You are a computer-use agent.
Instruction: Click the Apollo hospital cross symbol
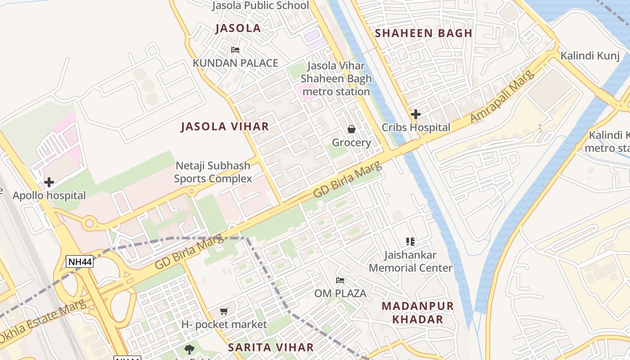pyautogui.click(x=49, y=182)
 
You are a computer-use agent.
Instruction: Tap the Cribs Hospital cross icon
pyautogui.click(x=416, y=114)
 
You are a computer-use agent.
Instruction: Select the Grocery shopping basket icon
pyautogui.click(x=351, y=130)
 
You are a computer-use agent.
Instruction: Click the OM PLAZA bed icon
pyautogui.click(x=340, y=280)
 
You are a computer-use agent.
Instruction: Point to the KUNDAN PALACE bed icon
pyautogui.click(x=235, y=50)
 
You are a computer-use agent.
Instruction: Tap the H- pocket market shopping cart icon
pyautogui.click(x=224, y=311)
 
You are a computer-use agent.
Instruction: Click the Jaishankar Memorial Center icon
pyautogui.click(x=410, y=242)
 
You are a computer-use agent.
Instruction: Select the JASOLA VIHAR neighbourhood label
pyautogui.click(x=225, y=126)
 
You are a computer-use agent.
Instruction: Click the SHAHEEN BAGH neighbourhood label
pyautogui.click(x=423, y=33)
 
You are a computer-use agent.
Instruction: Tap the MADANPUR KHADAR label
pyautogui.click(x=418, y=313)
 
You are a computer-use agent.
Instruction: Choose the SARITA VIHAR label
pyautogui.click(x=270, y=347)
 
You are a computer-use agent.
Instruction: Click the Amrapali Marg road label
pyautogui.click(x=502, y=96)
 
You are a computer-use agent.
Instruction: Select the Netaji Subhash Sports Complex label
pyautogui.click(x=213, y=172)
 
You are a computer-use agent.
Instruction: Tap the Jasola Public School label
pyautogui.click(x=260, y=5)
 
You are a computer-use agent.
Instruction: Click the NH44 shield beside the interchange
pyautogui.click(x=80, y=261)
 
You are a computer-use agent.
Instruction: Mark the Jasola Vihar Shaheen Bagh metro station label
pyautogui.click(x=336, y=79)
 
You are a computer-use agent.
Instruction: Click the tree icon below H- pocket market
pyautogui.click(x=189, y=349)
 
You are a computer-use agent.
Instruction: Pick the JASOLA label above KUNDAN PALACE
pyautogui.click(x=238, y=28)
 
